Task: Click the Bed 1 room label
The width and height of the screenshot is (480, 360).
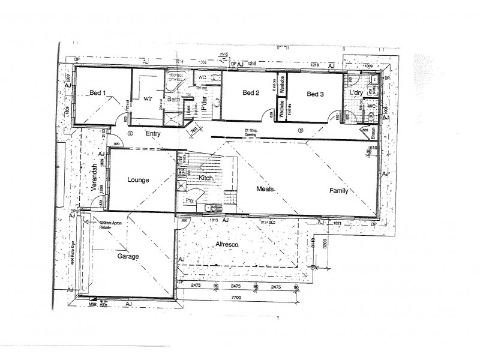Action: click(97, 92)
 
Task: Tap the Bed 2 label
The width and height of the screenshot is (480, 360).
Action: click(250, 93)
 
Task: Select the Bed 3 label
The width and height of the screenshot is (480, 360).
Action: click(315, 94)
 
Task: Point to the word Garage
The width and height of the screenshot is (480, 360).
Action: click(128, 256)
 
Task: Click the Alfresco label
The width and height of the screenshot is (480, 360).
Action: click(228, 245)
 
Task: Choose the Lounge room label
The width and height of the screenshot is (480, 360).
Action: click(139, 179)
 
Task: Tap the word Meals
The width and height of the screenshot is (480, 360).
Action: click(266, 188)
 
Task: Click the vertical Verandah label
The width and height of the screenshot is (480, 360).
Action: click(94, 178)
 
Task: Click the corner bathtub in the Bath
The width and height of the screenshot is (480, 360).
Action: click(176, 79)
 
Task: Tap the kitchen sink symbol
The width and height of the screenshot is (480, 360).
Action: click(212, 208)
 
